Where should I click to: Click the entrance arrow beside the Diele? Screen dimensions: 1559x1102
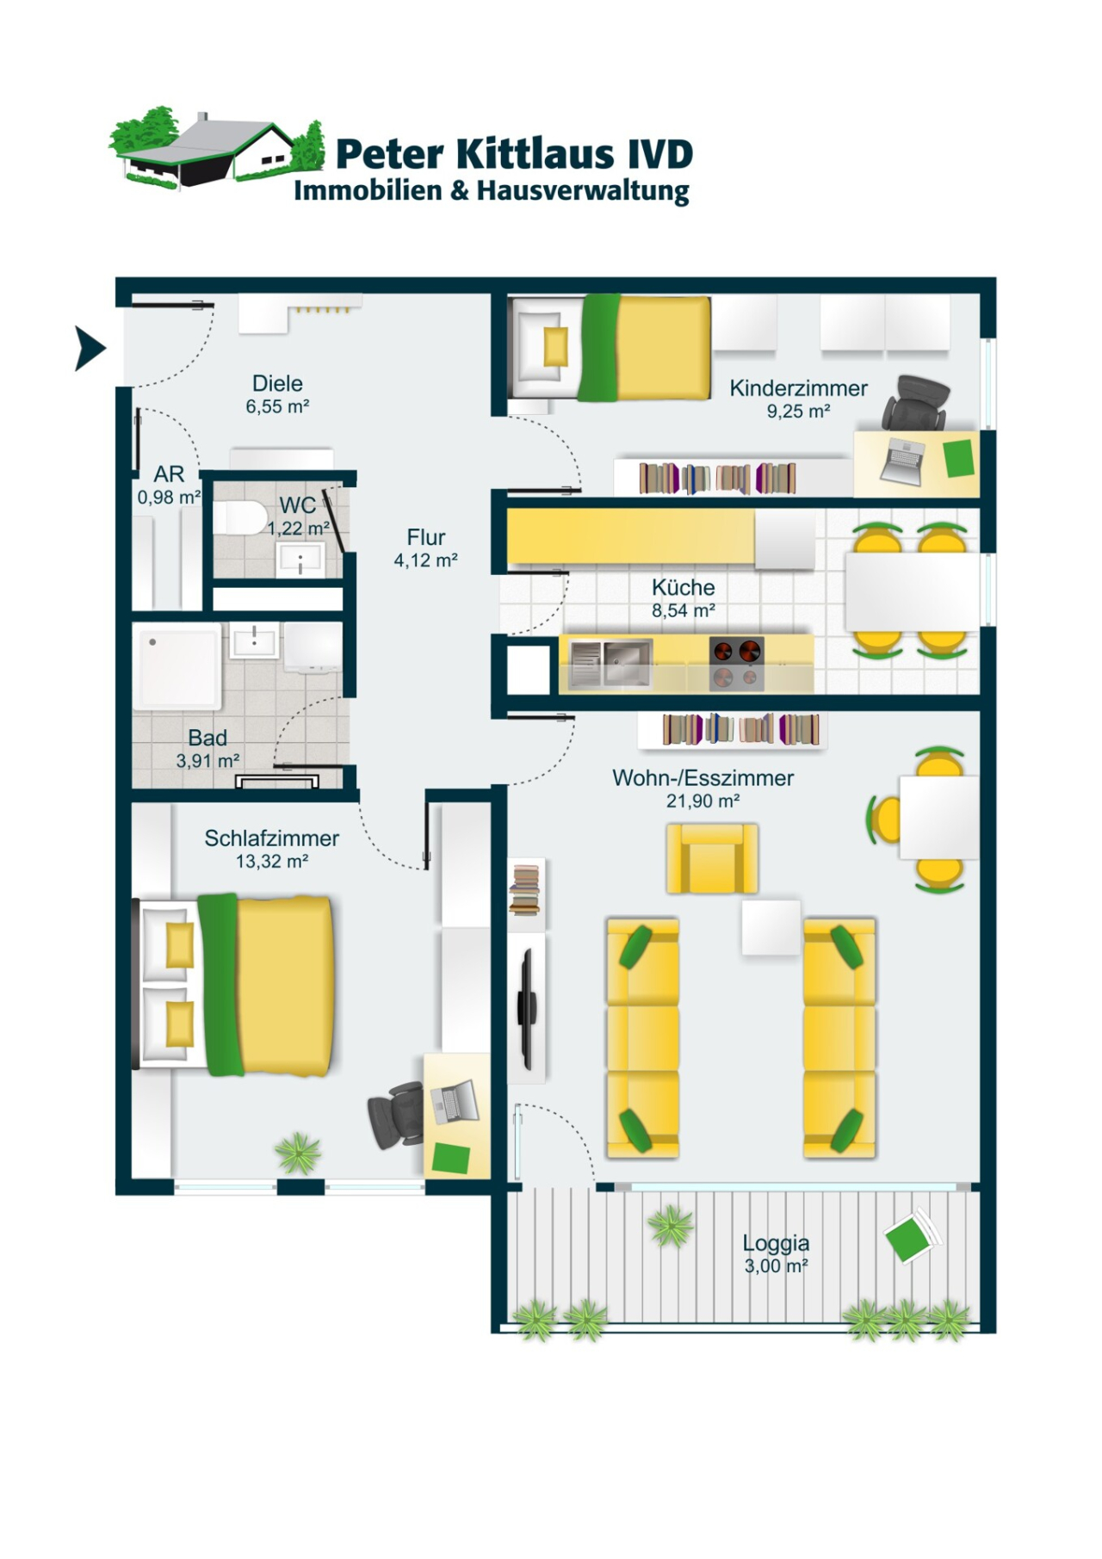tap(90, 349)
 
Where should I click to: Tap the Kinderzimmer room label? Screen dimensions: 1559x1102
tap(798, 388)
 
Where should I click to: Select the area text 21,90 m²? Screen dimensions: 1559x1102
tap(703, 801)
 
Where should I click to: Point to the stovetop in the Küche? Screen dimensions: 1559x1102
tap(737, 664)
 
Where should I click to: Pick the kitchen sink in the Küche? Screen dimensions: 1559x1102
tap(611, 664)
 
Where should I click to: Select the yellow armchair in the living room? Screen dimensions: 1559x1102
tap(712, 858)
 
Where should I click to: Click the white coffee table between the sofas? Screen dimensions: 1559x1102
tap(771, 927)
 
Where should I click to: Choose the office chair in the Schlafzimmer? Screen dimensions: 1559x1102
tap(396, 1116)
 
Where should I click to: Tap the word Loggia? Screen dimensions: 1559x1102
tap(776, 1243)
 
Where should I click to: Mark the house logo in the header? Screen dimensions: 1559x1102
tap(215, 151)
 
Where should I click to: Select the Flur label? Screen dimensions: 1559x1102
tap(425, 538)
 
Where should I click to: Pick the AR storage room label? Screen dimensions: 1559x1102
tap(169, 474)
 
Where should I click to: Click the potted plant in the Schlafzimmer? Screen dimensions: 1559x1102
tap(298, 1153)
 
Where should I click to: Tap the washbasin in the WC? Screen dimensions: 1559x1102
tap(299, 560)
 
